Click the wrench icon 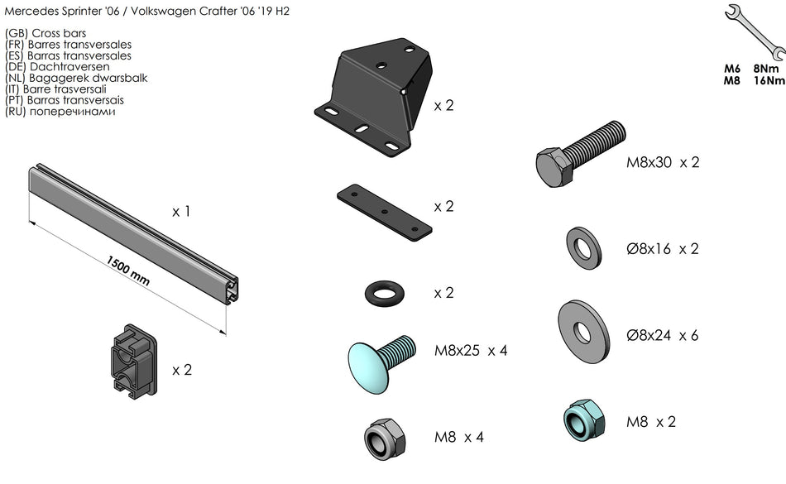click(755, 31)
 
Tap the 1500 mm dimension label click(127, 271)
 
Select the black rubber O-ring click(386, 293)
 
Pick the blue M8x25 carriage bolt click(381, 362)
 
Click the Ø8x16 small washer click(584, 248)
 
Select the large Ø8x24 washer click(583, 332)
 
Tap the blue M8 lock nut click(584, 420)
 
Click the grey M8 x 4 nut click(385, 438)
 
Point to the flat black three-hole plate click(385, 212)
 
